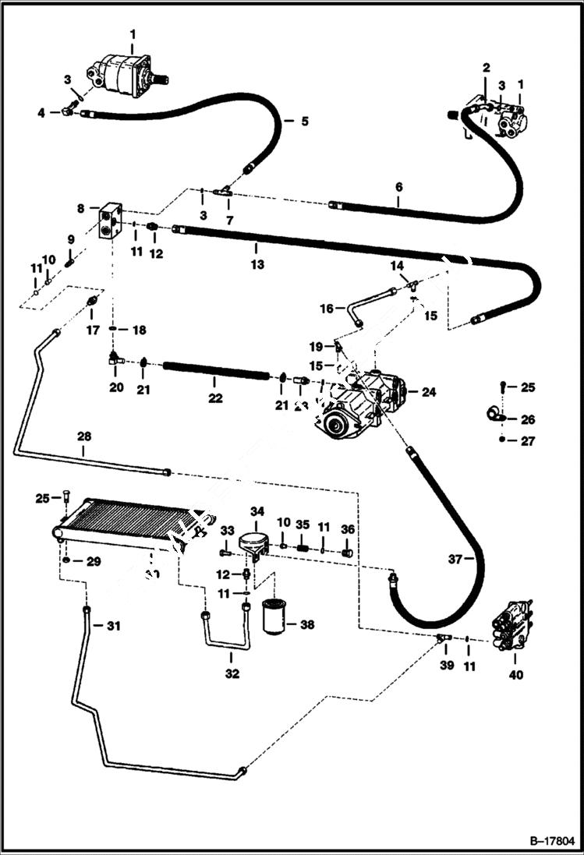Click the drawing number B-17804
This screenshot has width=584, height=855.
tap(550, 842)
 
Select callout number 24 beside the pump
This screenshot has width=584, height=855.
tap(429, 392)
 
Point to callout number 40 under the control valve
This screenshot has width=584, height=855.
tap(516, 675)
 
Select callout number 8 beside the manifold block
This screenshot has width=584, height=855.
tap(80, 208)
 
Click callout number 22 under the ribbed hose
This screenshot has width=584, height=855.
tap(215, 398)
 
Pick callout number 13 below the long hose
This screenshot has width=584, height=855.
tap(257, 264)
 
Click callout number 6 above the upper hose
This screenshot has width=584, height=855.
tap(398, 187)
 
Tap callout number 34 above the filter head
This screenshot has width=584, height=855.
tap(257, 511)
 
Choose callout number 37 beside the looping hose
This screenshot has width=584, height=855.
tap(457, 559)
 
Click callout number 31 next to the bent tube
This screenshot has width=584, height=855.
tap(114, 624)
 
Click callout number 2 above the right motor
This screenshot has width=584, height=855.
tap(486, 68)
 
